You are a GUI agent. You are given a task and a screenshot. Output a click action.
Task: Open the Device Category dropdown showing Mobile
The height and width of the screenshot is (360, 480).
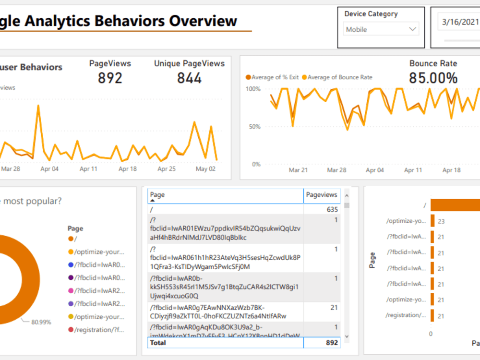coord(381,29)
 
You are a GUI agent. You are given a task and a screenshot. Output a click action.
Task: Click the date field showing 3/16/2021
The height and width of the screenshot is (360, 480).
coord(460,22)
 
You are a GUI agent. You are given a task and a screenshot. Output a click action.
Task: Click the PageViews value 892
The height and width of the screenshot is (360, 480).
coord(110,78)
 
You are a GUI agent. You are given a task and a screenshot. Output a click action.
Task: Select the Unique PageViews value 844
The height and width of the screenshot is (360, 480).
coord(189,78)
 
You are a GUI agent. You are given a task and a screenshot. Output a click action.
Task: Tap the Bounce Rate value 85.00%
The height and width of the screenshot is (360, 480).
coord(433,78)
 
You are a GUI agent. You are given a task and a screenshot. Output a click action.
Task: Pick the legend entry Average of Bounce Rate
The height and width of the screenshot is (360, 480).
coord(339,77)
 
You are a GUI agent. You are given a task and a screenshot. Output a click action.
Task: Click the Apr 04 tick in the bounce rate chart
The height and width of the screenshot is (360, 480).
coord(375,170)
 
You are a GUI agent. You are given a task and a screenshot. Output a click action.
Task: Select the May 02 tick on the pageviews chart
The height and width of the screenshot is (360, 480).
coord(205,169)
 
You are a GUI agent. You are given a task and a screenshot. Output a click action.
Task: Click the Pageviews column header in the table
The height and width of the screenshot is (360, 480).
coord(322,195)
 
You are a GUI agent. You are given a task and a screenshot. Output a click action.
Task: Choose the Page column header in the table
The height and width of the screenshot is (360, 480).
coord(157,195)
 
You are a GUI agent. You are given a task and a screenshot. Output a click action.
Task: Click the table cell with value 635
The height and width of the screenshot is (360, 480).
coord(331,210)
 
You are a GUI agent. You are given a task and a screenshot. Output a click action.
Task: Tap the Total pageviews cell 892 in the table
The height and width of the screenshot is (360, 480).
coord(331,343)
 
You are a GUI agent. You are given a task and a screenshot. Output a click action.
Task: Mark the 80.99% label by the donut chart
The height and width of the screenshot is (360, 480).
coord(41,322)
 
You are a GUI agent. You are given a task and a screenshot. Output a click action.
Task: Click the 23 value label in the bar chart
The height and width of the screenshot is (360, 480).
coord(441,221)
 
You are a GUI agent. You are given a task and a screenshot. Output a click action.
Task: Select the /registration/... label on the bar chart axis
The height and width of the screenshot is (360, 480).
coord(406,315)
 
